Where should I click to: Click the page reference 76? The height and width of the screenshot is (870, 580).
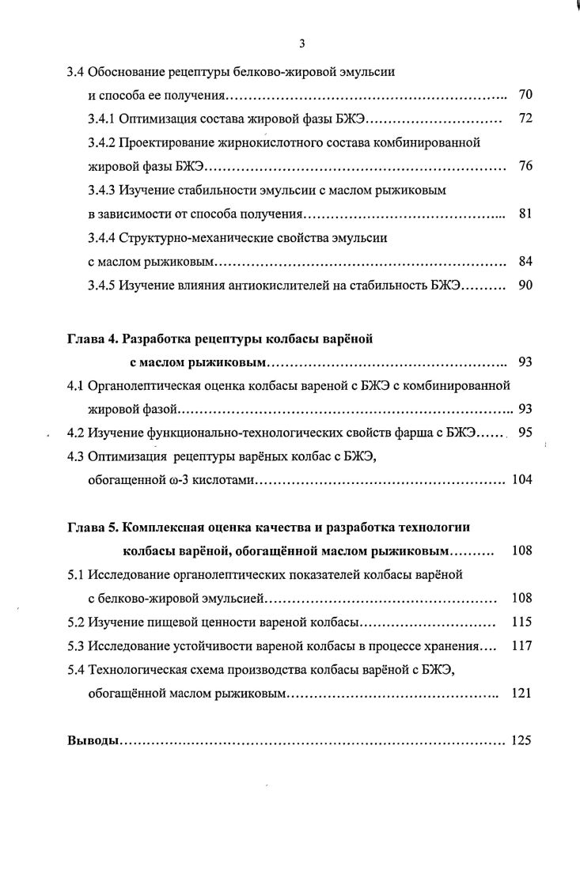point(525,167)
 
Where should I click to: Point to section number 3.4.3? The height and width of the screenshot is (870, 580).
point(102,191)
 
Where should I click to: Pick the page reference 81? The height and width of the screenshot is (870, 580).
point(525,214)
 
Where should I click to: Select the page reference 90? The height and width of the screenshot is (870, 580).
point(525,286)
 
